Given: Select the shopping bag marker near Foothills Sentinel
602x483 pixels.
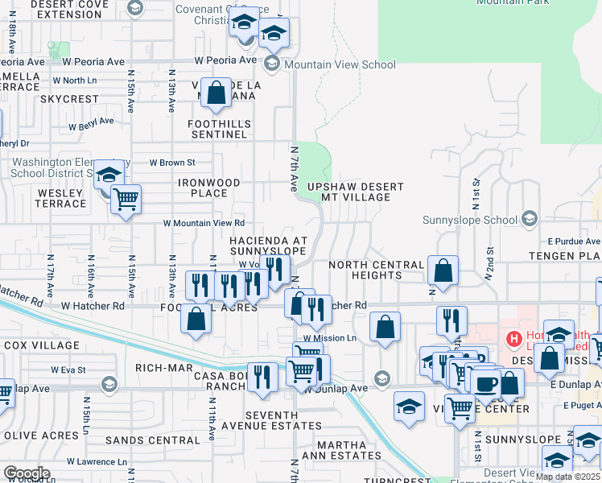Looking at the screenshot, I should coord(216,94).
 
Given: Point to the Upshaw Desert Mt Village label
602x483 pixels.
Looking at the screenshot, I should coord(356,192).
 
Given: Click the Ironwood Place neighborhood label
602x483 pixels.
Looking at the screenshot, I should coord(209,188).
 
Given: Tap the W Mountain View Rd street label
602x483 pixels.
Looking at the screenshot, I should coord(204,223).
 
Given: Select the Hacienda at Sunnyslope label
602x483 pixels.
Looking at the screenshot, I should coord(269,246).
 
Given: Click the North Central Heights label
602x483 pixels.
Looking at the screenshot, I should coord(376,270).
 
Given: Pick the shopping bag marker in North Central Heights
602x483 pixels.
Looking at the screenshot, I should coord(443,271).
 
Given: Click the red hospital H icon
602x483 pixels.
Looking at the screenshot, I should coord(512,339).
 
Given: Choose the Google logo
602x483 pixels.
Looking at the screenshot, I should coord(26,473).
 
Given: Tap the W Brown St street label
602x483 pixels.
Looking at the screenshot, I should coord(172,163).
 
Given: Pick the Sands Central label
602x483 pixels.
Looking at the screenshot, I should coord(152,440).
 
